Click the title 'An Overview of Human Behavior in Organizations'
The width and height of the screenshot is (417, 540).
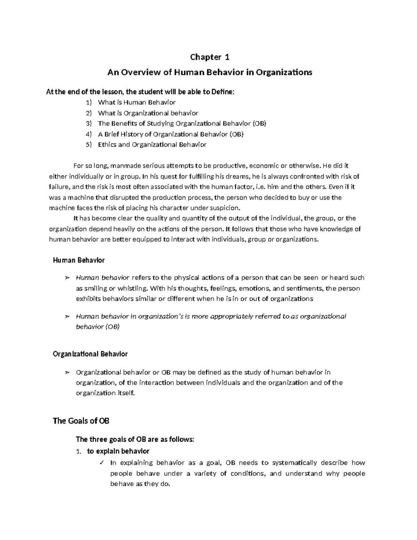pos(210,72)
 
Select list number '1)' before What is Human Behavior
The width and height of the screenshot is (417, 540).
pos(89,102)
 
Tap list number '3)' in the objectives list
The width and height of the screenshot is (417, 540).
pos(89,123)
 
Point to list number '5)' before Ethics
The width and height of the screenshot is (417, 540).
pos(89,145)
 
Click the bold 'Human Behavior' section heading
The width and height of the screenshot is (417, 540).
pos(79,260)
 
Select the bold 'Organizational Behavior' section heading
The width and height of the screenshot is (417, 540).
pos(90,354)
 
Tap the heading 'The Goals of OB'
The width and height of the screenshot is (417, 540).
pos(81,421)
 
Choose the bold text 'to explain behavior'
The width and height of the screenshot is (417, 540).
pos(118,451)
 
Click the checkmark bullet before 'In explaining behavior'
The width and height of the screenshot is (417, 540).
pos(101,463)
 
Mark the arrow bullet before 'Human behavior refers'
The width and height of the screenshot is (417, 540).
pos(67,278)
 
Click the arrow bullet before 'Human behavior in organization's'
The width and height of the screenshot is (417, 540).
pos(67,316)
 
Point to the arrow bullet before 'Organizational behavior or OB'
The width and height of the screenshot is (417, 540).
pos(67,372)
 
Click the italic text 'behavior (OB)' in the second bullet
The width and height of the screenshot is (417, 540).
pos(98,327)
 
